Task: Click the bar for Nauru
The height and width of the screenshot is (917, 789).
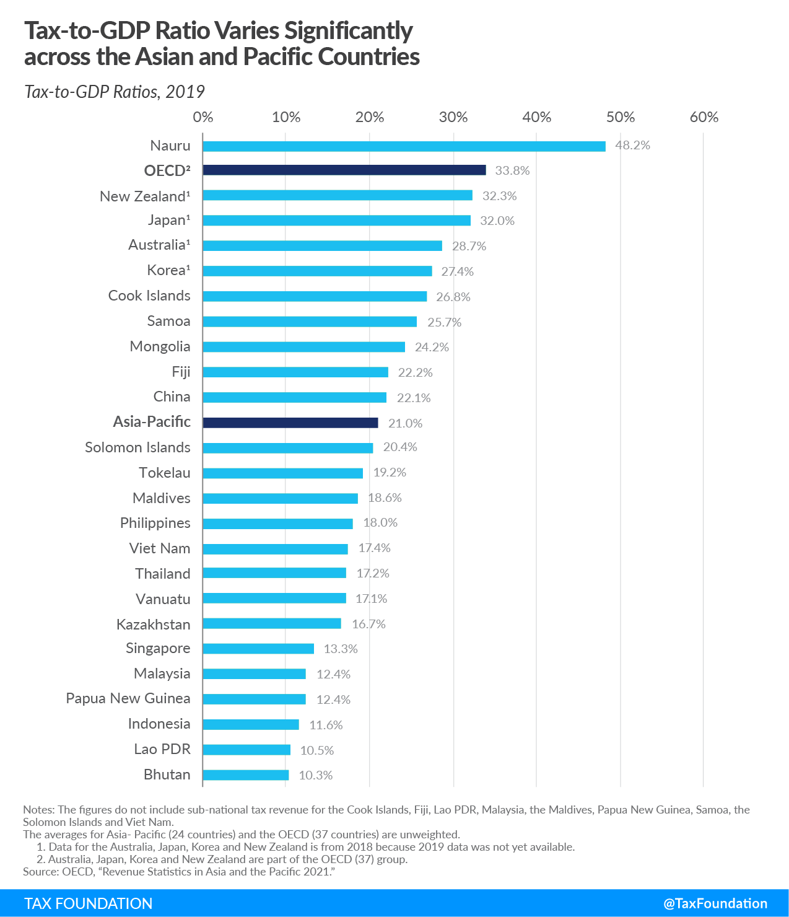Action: coord(404,146)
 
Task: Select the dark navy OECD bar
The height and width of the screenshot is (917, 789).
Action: coord(344,170)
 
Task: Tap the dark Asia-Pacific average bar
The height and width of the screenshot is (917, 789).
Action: coord(290,423)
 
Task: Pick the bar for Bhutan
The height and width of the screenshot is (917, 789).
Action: coord(246,775)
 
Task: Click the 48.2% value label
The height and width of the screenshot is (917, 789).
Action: coord(632,146)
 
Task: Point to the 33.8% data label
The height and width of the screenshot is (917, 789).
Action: coord(512,171)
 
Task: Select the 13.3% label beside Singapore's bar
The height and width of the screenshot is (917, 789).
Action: coord(341,649)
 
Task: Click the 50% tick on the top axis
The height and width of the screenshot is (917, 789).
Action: coord(621,118)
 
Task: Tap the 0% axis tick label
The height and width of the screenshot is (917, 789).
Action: coord(203,118)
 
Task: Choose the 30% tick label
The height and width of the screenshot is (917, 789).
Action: coord(453,118)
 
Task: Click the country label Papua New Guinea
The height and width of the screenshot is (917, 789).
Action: coord(128,699)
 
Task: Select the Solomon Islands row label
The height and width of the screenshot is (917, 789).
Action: coord(137,447)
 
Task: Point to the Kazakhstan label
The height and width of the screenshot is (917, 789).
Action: coord(154,625)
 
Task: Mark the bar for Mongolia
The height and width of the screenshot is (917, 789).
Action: coord(304,347)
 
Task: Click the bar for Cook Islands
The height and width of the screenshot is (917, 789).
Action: coord(315,296)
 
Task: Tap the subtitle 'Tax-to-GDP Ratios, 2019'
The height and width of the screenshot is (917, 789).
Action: coord(115,92)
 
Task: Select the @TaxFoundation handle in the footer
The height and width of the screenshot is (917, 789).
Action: coord(715,903)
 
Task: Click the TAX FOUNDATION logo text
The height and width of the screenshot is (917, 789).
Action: coord(89,903)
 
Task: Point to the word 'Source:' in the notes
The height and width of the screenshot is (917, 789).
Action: coord(41,872)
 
